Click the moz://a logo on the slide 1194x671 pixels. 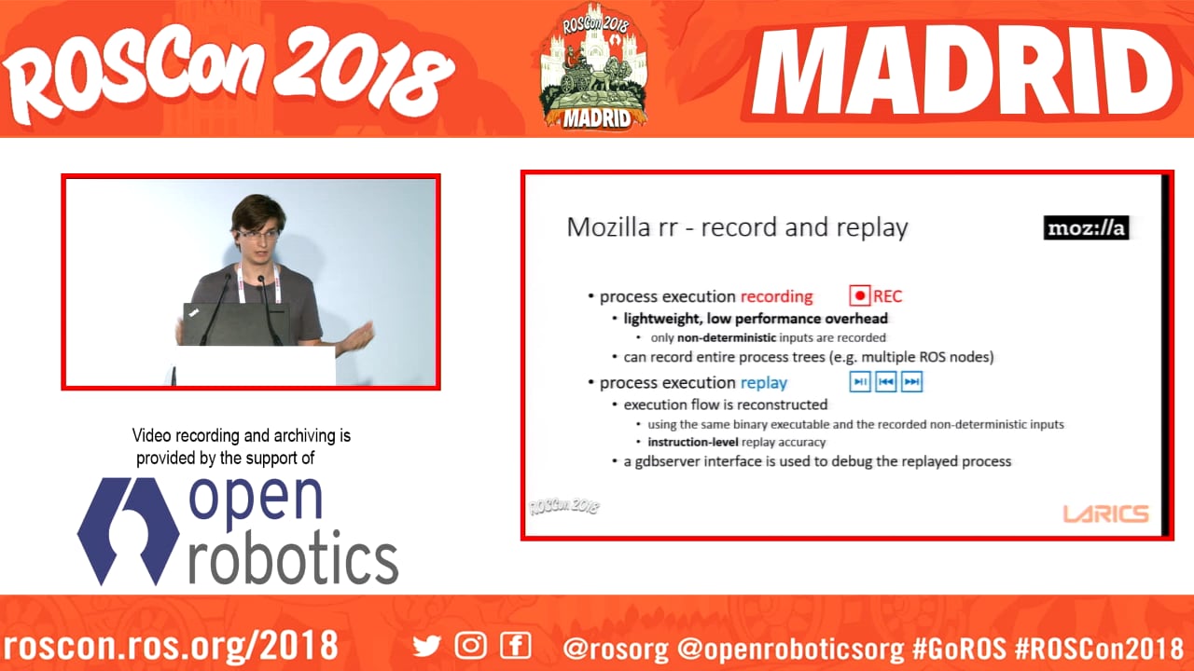point(1087,228)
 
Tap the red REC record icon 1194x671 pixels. point(859,295)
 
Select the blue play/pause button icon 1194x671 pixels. point(860,382)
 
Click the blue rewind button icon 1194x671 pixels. point(886,382)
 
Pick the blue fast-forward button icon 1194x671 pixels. point(912,382)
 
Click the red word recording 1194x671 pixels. point(777,296)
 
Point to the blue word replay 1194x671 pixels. point(764,383)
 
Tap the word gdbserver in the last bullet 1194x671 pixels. point(667,461)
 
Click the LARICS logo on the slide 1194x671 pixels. point(1106,514)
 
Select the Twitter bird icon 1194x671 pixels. point(427,646)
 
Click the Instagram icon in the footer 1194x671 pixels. point(471,646)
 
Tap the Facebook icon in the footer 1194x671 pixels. point(516,646)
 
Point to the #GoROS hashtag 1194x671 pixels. point(959,648)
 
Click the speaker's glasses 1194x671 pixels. point(258,234)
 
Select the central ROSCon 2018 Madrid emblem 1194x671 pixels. point(594,66)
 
